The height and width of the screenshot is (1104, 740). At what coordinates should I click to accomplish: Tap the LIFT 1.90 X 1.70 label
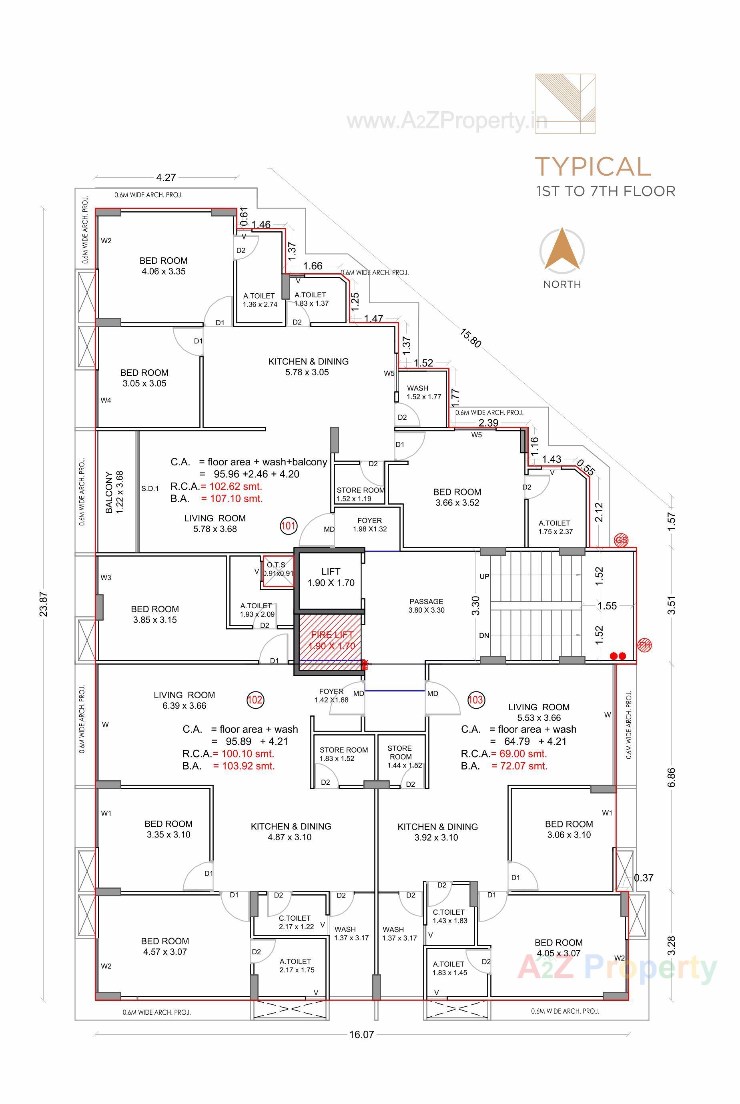click(331, 577)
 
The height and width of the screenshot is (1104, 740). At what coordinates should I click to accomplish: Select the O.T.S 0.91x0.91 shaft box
click(278, 571)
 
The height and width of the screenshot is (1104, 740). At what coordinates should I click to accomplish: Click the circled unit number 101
click(288, 525)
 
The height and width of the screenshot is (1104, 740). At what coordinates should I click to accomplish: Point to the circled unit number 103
click(475, 700)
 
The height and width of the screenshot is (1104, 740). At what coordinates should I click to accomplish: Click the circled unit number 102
click(255, 700)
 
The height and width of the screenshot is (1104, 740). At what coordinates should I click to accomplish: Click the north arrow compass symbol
click(562, 250)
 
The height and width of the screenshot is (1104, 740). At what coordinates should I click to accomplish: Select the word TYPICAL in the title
click(593, 166)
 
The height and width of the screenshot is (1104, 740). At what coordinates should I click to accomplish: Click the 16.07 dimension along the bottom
click(361, 1035)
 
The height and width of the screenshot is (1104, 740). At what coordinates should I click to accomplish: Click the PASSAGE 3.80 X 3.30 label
click(426, 605)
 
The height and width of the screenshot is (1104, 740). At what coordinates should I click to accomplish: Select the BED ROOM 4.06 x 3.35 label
click(163, 266)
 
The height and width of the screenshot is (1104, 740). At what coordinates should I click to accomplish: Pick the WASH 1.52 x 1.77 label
click(423, 392)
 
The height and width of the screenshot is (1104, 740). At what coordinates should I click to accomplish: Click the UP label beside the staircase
click(484, 576)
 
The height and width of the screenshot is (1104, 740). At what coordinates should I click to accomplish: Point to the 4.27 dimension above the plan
click(166, 177)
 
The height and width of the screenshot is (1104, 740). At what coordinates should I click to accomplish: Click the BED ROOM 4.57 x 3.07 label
click(165, 946)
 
